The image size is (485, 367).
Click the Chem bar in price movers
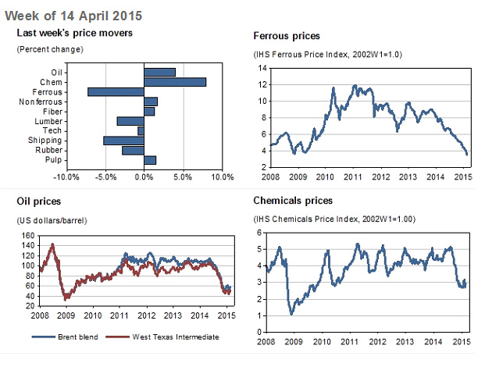click(x=175, y=82)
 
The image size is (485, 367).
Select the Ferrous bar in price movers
click(x=116, y=91)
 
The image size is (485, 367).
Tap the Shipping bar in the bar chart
click(x=124, y=141)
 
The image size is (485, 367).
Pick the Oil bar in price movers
click(x=160, y=72)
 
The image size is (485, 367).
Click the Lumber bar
click(x=130, y=121)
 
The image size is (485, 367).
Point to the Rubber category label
click(x=49, y=150)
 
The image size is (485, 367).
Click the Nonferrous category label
click(x=41, y=102)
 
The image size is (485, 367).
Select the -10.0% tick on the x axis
click(x=66, y=177)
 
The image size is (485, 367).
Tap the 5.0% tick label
click(x=183, y=177)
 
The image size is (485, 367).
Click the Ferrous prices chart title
click(x=287, y=37)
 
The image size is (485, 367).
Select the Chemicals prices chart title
click(x=293, y=201)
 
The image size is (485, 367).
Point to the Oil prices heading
click(x=39, y=201)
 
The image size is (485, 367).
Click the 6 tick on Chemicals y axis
click(x=259, y=233)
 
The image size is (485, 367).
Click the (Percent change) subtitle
click(x=50, y=49)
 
